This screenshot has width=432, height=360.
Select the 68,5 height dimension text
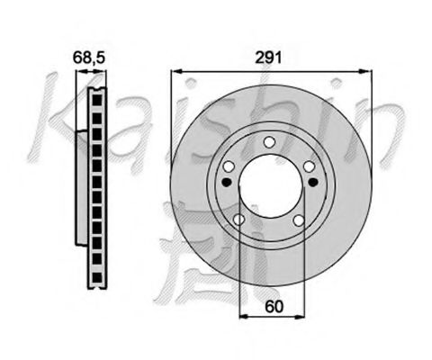point(87,58)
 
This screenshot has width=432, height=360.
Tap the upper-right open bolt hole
point(309,166)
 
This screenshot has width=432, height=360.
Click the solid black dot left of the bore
point(225,183)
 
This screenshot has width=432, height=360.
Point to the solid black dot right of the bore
point(312,183)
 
